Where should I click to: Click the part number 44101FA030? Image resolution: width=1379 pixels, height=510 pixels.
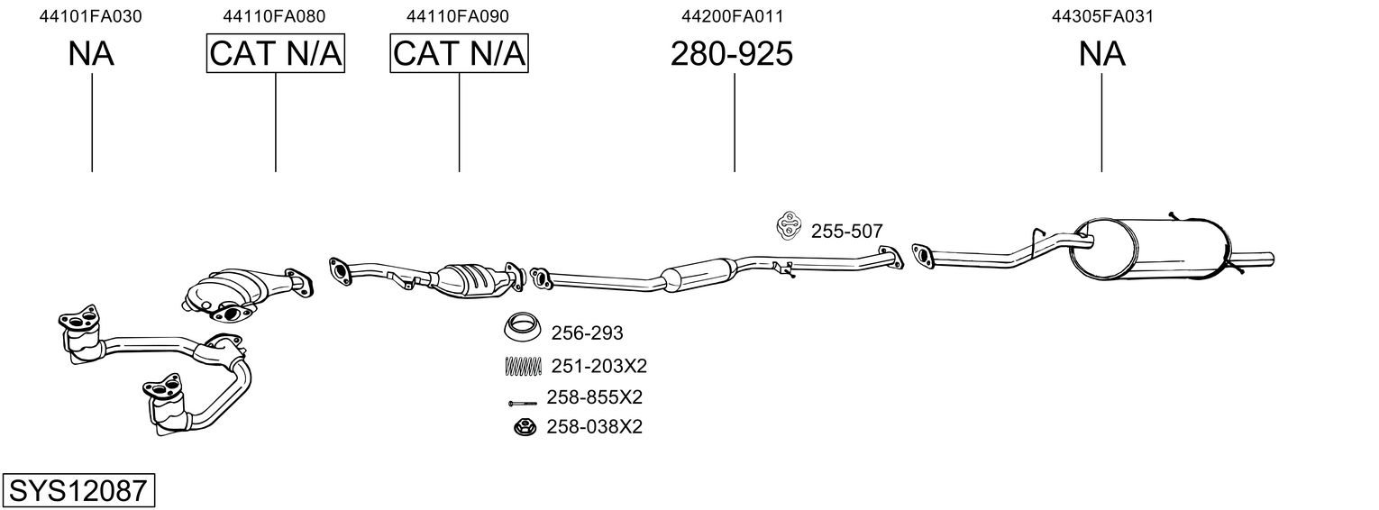(x=91, y=16)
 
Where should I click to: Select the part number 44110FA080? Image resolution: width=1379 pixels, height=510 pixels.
(x=275, y=16)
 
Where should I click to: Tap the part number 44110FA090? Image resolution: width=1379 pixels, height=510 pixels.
(x=458, y=16)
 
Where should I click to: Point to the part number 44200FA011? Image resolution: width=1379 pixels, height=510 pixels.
(x=732, y=16)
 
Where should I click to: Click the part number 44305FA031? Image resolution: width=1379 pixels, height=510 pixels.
(x=1102, y=16)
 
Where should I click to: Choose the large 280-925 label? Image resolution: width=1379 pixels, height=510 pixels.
(x=732, y=54)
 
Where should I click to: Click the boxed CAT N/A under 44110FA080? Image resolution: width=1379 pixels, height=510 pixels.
(x=276, y=54)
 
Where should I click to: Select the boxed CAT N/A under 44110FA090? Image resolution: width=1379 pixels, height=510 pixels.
(x=459, y=54)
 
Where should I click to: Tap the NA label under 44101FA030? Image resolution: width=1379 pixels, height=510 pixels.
(x=91, y=54)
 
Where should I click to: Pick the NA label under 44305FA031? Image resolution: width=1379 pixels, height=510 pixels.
(x=1102, y=54)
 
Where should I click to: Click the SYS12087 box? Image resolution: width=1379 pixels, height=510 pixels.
(x=78, y=491)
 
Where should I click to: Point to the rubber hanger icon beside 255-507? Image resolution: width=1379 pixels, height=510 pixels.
(x=788, y=228)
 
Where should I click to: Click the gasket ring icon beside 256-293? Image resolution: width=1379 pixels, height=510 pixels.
(x=521, y=328)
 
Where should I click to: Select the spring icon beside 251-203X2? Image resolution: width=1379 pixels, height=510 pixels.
(x=522, y=366)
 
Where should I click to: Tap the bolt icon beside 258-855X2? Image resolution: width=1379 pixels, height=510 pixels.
(x=522, y=402)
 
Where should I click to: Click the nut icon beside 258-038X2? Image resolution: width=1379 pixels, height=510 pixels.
(x=522, y=427)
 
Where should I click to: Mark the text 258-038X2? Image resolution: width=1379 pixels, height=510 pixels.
(x=594, y=427)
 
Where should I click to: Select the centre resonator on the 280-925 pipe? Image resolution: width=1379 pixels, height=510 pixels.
(x=698, y=273)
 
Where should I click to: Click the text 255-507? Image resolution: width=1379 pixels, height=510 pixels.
(x=846, y=232)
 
